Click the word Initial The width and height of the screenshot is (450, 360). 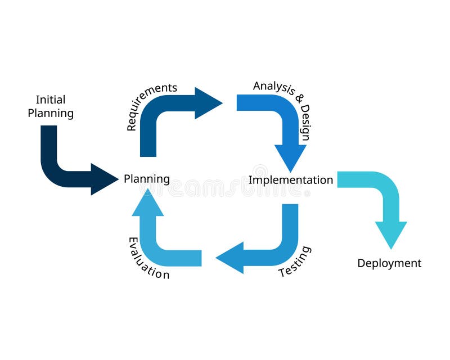pyautogui.click(x=51, y=100)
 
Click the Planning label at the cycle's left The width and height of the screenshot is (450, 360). pyautogui.click(x=147, y=179)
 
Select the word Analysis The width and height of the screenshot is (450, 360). pyautogui.click(x=274, y=87)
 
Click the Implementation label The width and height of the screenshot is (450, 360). pyautogui.click(x=291, y=180)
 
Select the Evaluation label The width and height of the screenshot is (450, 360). pyautogui.click(x=148, y=258)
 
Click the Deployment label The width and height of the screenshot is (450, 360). pyautogui.click(x=389, y=263)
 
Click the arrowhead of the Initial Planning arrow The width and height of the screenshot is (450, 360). pyautogui.click(x=104, y=179)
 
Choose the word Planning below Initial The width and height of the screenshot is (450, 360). pyautogui.click(x=51, y=113)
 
